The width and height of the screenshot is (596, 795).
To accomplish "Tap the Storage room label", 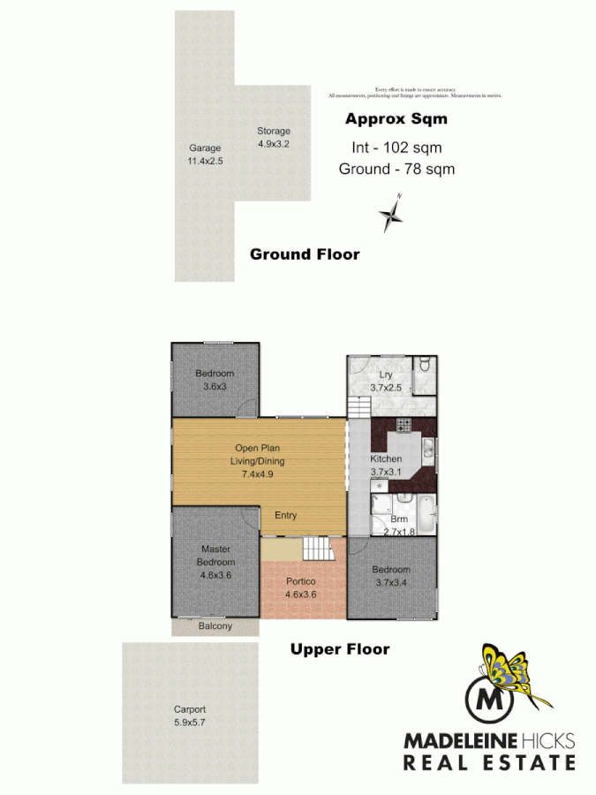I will click(x=273, y=137).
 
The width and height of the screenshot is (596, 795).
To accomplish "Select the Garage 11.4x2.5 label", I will click(x=204, y=155).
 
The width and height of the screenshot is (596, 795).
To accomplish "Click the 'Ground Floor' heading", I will click(x=305, y=254).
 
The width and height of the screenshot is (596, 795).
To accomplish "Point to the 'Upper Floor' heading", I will click(x=340, y=649).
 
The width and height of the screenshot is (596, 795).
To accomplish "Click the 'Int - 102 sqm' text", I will click(x=396, y=148).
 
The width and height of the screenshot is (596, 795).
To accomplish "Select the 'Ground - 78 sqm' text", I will click(x=396, y=169).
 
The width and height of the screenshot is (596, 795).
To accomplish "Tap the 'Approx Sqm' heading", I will click(x=396, y=118).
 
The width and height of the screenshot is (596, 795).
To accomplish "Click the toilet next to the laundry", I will click(x=424, y=364).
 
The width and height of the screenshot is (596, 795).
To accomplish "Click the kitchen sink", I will click(x=426, y=450).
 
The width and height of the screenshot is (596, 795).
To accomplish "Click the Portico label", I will click(x=300, y=587).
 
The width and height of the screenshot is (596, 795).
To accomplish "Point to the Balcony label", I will click(x=215, y=626).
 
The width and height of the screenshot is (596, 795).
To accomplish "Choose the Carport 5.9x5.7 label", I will click(x=190, y=715).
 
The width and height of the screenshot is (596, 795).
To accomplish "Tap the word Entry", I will click(x=285, y=516).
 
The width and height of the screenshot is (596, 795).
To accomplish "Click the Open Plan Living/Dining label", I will click(x=259, y=460).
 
